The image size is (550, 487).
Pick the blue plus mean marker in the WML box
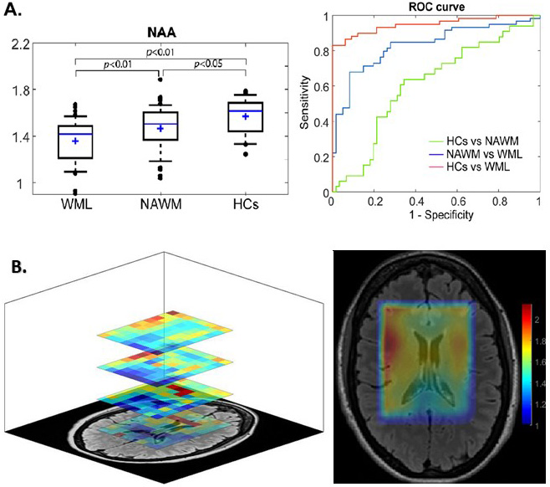75,141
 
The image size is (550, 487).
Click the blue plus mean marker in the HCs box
246,116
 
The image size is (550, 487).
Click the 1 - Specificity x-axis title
435,214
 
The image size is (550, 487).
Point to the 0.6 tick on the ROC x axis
457,202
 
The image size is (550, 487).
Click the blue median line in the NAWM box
160,124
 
